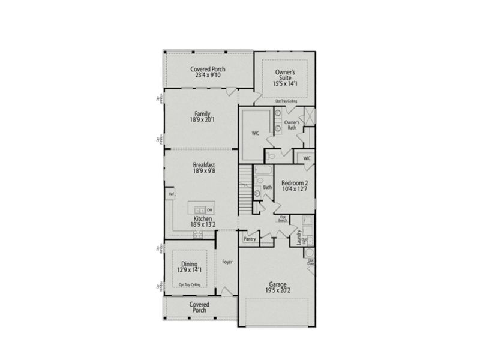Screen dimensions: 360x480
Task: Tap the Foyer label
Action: coord(227,262)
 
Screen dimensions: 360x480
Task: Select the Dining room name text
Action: coord(188,263)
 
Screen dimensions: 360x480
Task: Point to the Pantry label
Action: coord(250,239)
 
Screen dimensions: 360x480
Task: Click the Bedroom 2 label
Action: coord(295,182)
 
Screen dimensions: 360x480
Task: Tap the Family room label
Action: coord(202,113)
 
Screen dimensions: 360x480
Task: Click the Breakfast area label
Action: coord(204,164)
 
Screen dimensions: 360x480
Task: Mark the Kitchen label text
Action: coord(203,218)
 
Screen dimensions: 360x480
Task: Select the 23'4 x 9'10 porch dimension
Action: coord(208,76)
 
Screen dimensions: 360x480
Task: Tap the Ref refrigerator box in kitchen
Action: coord(171,194)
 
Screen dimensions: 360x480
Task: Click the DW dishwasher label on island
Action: coord(209,209)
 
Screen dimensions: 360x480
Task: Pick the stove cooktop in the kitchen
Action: coord(197,235)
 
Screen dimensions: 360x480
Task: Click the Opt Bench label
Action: coord(282,219)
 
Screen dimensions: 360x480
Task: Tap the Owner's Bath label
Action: coord(292,124)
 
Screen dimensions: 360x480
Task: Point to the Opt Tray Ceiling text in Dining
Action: coord(189,285)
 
